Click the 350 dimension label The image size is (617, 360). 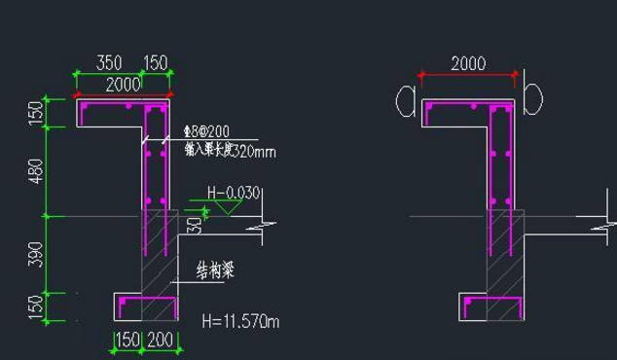pos(109,63)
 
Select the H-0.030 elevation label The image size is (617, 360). pos(234,193)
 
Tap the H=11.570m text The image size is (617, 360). pos(238,319)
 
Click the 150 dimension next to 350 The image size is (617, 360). pos(156,63)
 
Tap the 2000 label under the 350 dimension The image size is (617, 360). pos(123,85)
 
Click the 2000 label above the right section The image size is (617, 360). pos(467,63)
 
